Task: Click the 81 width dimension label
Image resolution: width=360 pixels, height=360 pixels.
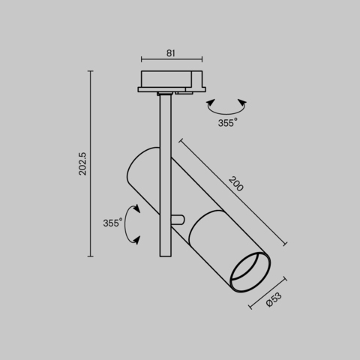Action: point(171,52)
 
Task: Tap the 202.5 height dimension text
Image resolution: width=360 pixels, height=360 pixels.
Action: point(82,163)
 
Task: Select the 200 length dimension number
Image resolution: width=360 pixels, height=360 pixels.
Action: point(235,184)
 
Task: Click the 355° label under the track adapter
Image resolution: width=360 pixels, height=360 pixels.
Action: point(227,122)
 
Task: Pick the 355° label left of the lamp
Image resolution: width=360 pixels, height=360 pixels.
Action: point(112,223)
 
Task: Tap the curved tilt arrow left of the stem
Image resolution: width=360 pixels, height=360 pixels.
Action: point(132,223)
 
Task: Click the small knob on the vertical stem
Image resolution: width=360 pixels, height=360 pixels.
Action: point(178,219)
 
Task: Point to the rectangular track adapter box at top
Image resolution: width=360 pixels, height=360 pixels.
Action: point(169,79)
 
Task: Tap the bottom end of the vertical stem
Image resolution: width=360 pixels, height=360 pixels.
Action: point(166,253)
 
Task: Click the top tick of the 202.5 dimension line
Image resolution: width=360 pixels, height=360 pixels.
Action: point(91,71)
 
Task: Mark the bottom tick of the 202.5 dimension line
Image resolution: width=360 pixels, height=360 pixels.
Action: point(91,256)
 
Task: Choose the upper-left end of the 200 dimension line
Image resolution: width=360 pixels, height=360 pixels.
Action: point(179,139)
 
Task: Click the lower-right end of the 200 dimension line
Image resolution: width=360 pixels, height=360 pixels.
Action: point(286,244)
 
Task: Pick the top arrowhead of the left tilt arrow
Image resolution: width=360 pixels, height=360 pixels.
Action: point(136,205)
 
